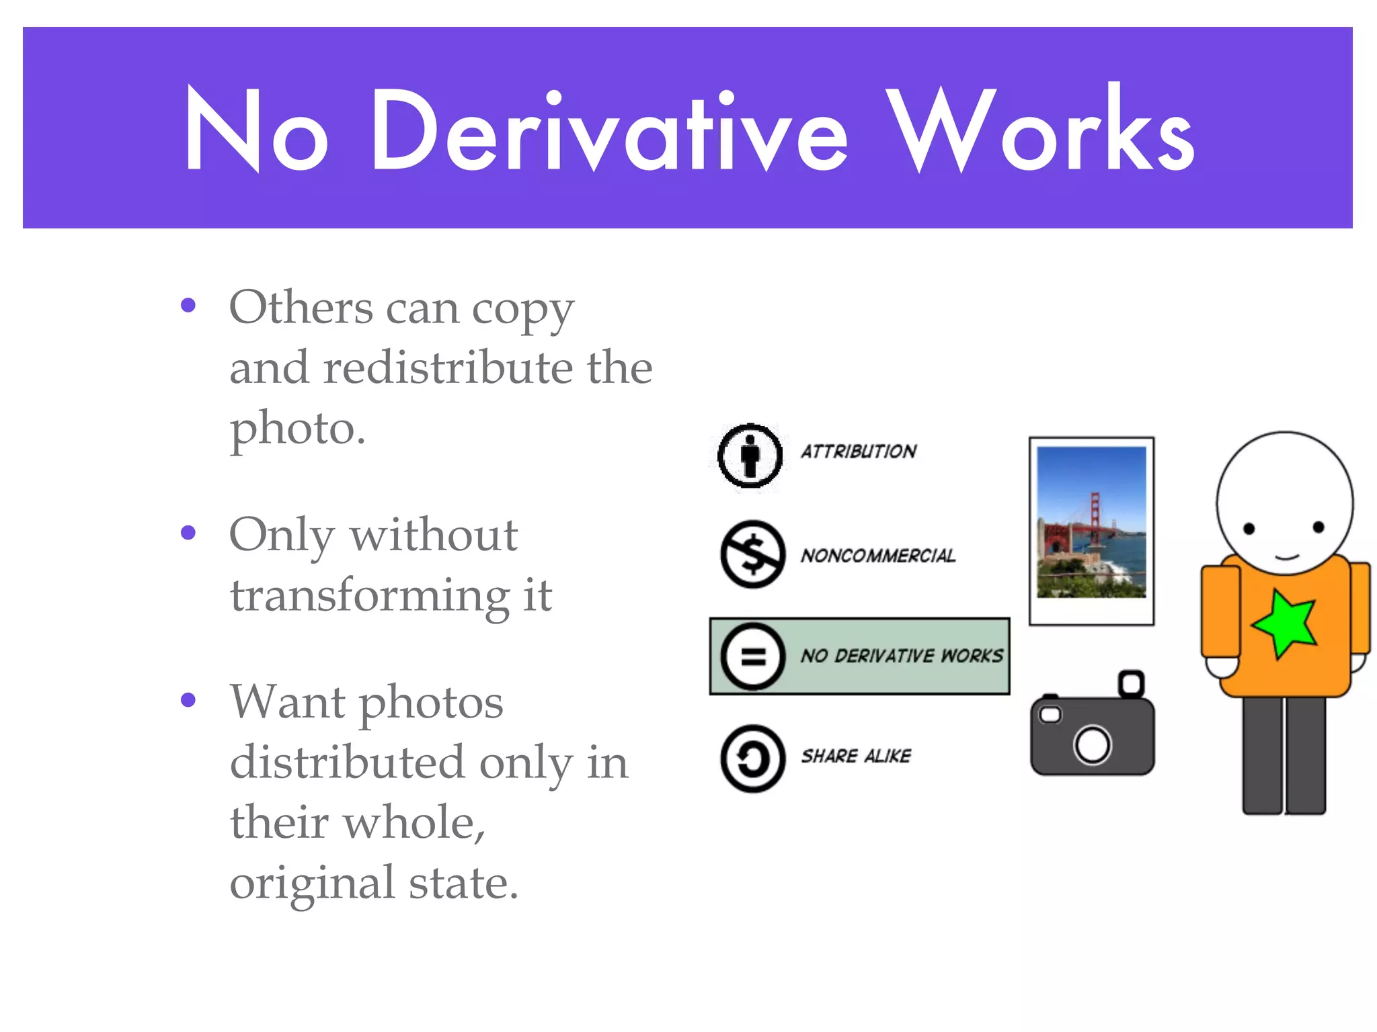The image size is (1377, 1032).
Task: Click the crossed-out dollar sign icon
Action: tap(752, 554)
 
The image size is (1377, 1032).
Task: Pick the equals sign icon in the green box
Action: tap(752, 656)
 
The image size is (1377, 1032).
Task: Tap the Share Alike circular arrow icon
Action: tap(752, 758)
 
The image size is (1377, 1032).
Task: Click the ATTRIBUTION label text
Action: tap(859, 451)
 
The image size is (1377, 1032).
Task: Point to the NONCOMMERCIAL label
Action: tap(877, 556)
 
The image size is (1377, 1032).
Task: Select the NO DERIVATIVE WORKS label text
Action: tap(902, 656)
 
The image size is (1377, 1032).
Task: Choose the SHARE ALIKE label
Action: tap(856, 757)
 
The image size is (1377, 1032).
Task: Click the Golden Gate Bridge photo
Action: tap(1091, 523)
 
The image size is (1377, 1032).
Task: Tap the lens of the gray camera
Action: tap(1092, 745)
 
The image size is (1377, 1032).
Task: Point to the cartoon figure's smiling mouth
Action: tap(1286, 557)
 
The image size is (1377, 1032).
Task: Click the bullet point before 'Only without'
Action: tap(188, 533)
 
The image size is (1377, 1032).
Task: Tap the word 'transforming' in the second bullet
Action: tap(370, 596)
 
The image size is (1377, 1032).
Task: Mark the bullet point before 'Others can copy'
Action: tap(188, 306)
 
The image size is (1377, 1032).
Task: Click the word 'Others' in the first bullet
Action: tap(301, 308)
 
